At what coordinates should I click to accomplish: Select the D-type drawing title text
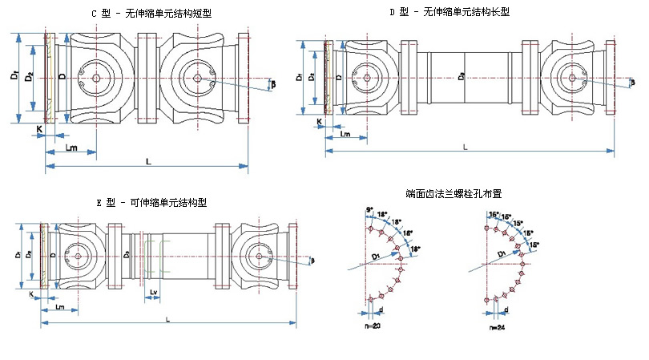pos(449,11)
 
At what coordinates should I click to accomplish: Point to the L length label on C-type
pos(149,161)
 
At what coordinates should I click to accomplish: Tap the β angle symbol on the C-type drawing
pos(273,83)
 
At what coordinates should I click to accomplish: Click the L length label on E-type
pos(167,318)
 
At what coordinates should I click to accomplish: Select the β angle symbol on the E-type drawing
pos(313,259)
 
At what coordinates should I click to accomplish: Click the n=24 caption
pos(498,327)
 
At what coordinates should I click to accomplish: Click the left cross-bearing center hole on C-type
pos(96,79)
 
